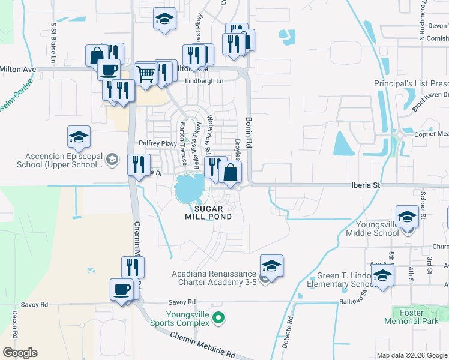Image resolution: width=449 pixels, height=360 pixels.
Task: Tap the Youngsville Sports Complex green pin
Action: tap(218, 317)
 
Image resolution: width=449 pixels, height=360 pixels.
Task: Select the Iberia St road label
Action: tap(366, 186)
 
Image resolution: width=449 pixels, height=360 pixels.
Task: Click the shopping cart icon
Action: tap(146, 74)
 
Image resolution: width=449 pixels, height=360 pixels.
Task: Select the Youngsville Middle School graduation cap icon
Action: tap(407, 217)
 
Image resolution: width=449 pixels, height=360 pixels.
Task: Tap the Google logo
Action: tap(20, 353)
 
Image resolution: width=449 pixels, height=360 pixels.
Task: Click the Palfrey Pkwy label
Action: tap(158, 143)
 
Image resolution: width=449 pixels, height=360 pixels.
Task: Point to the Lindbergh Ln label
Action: tap(203, 80)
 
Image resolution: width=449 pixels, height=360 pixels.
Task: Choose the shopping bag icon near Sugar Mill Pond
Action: tap(231, 173)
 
